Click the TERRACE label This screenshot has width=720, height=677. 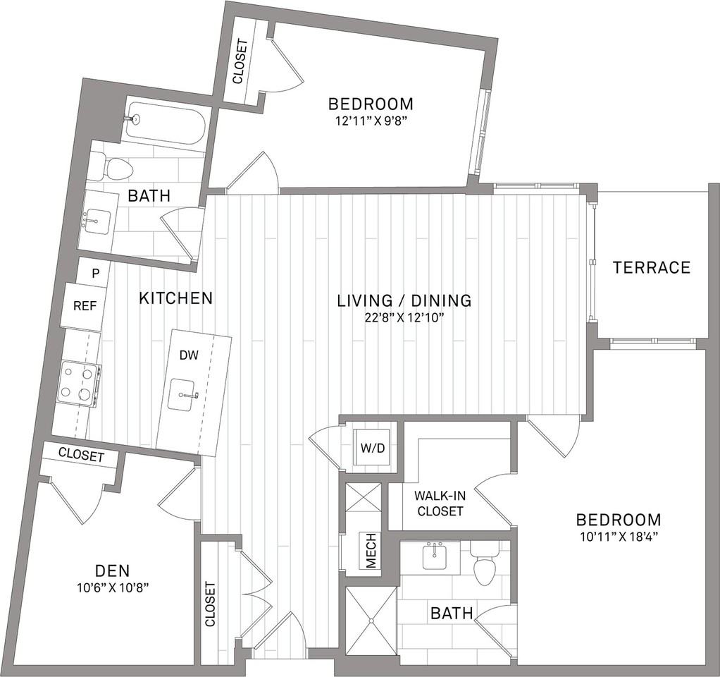click(652, 267)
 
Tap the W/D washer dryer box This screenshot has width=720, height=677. click(373, 447)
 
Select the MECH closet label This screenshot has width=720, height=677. click(371, 550)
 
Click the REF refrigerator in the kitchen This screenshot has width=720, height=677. click(85, 307)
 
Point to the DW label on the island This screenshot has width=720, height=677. click(189, 355)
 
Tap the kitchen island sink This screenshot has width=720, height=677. click(183, 395)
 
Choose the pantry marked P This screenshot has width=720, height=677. click(95, 274)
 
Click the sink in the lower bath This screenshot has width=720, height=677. click(434, 556)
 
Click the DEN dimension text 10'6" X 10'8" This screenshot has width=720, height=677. click(113, 587)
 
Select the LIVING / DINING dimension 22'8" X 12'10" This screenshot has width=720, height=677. click(404, 317)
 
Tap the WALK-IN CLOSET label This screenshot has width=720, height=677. click(439, 504)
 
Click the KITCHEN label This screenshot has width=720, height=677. click(176, 298)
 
